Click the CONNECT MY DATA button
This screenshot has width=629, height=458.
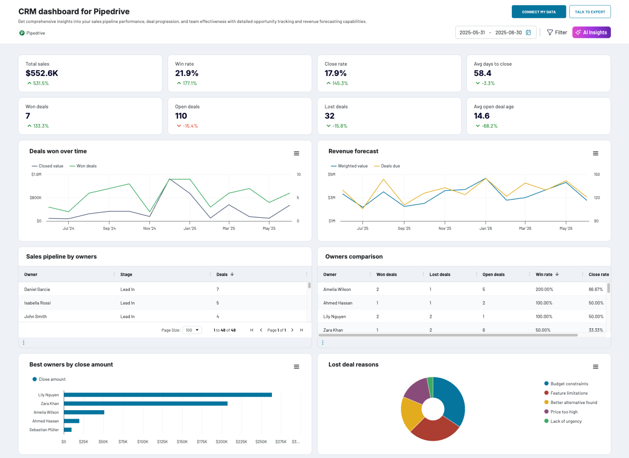[538, 12]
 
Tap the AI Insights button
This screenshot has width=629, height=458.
[591, 32]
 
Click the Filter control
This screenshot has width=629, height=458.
[557, 32]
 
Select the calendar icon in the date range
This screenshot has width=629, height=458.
[528, 32]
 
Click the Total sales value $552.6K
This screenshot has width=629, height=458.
[42, 73]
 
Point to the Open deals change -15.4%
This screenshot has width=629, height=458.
[190, 126]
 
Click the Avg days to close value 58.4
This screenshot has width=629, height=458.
[482, 73]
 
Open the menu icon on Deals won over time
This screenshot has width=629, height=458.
[296, 153]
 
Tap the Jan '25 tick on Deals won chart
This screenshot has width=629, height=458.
[190, 228]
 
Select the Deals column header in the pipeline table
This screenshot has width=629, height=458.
[222, 274]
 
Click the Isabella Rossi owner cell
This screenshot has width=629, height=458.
[38, 303]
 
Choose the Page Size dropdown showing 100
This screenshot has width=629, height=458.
[192, 330]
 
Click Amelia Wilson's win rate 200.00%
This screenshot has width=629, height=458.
[544, 290]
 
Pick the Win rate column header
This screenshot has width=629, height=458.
[544, 274]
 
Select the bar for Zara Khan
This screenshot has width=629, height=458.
[145, 404]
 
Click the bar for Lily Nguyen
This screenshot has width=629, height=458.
[167, 395]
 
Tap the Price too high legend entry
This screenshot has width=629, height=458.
[564, 412]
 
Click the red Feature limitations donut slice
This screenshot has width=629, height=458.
[434, 430]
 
